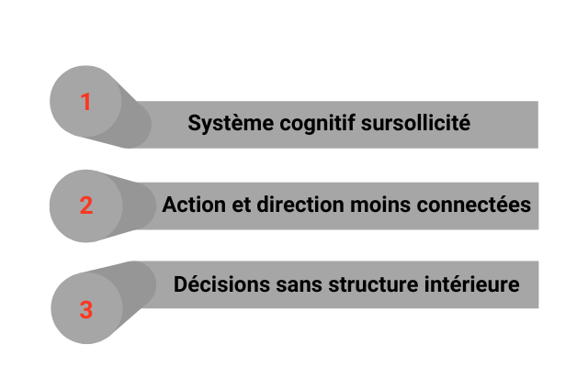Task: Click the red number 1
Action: point(85,102)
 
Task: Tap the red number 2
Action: point(85,206)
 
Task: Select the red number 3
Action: point(85,310)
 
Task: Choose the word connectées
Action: point(473,205)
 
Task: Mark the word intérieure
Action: point(470,284)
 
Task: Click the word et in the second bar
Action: point(238,205)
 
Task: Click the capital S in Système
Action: point(194,123)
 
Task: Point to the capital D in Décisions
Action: point(180,284)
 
